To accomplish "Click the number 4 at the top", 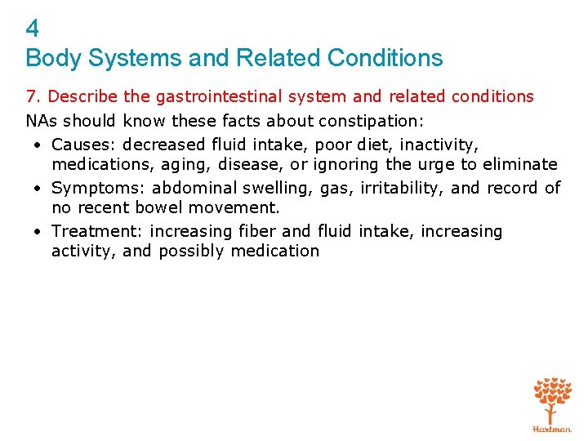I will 32,29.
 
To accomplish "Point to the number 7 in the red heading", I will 30,97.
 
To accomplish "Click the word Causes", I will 82,145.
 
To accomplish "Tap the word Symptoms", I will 96,188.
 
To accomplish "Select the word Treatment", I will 96,231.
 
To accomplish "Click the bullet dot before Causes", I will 38,145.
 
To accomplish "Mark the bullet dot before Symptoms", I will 38,189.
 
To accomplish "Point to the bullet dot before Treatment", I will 38,232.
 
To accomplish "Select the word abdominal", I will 195,188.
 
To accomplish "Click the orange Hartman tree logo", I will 552,403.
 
